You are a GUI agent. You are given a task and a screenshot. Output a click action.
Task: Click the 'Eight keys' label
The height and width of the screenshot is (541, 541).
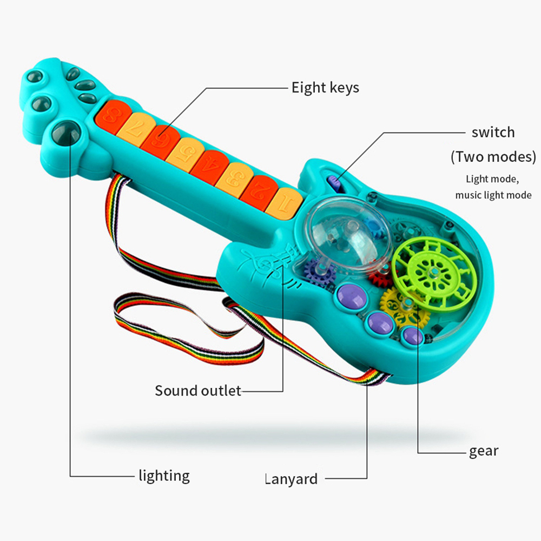pos(325,88)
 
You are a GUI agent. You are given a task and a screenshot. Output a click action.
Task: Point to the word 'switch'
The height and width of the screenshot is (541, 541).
pos(493,133)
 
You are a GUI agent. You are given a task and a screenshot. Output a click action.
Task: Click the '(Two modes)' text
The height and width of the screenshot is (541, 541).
pos(493,157)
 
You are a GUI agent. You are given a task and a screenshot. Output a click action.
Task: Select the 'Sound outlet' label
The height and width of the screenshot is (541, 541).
pos(197,391)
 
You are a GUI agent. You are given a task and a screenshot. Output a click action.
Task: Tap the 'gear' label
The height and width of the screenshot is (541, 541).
pos(484,452)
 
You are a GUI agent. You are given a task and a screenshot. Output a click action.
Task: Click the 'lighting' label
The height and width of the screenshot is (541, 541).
pos(164,476)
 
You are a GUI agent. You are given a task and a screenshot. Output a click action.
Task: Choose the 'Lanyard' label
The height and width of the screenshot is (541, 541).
pos(291,479)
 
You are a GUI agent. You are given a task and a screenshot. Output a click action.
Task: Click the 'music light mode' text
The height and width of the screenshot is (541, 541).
pos(493,195)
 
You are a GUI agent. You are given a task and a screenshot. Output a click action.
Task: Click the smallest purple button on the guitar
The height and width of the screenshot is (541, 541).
pos(413,336)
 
